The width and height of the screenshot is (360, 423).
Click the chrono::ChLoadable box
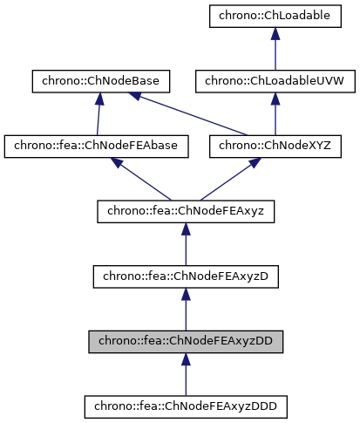(275, 17)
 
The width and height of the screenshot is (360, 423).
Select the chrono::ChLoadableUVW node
(275, 81)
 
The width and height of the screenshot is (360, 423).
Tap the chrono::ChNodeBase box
(100, 81)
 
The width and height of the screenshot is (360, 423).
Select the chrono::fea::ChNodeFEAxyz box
(186, 210)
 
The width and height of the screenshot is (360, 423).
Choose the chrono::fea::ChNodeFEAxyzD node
(186, 276)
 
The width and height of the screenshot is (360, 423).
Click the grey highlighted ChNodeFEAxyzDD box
(186, 340)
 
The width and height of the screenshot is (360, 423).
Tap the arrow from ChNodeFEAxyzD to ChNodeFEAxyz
(186, 244)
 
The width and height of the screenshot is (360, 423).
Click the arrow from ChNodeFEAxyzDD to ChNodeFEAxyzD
(186, 309)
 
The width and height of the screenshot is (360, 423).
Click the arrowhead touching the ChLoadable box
(275, 33)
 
